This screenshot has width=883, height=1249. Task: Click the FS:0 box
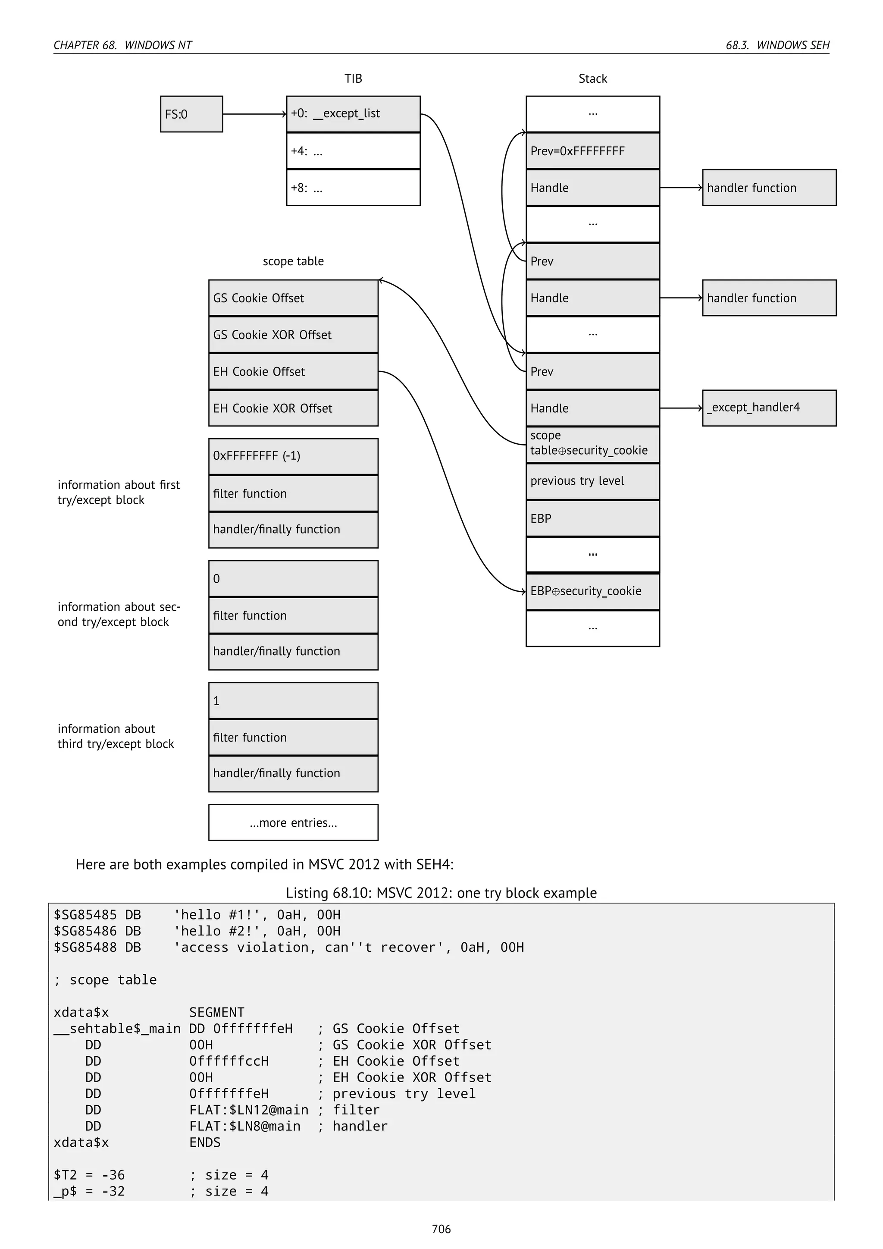[x=191, y=114]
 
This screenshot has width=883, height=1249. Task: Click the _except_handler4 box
[x=769, y=408]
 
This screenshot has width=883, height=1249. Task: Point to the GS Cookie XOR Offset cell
[x=293, y=335]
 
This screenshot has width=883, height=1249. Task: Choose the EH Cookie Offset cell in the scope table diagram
[x=293, y=371]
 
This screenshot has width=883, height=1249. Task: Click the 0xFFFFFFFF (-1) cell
[x=293, y=456]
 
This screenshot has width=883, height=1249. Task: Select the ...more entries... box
[x=293, y=822]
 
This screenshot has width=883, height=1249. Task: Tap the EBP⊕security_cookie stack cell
[x=593, y=591]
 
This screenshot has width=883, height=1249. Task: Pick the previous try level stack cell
[x=593, y=481]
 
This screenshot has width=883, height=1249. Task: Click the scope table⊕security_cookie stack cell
[x=593, y=444]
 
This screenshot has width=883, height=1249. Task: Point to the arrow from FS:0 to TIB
[x=254, y=114]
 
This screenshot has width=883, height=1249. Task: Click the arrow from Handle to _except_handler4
[x=681, y=408]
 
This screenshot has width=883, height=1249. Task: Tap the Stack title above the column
[x=593, y=79]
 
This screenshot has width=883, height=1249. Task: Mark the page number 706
[x=441, y=1228]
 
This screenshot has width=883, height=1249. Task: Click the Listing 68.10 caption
[x=441, y=893]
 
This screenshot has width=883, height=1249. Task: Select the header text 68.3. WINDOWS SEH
[x=777, y=45]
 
